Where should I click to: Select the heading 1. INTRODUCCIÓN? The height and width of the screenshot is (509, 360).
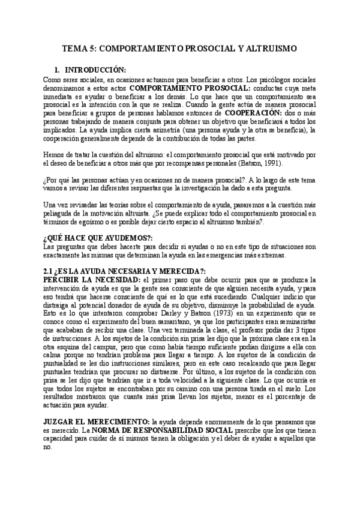coord(95,70)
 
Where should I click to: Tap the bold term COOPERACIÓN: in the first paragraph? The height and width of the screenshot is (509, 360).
coord(253,112)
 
